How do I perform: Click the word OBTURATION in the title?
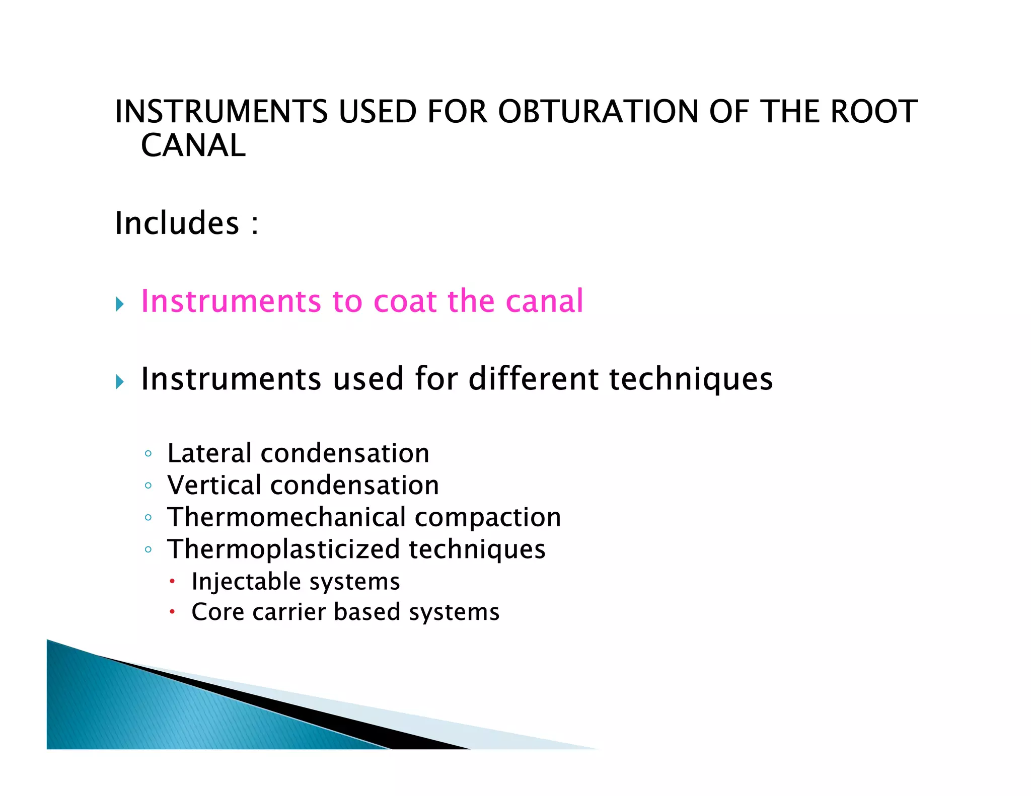click(x=598, y=112)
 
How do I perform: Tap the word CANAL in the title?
click(x=193, y=146)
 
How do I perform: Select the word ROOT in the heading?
click(x=874, y=112)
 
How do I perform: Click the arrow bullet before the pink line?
click(x=120, y=304)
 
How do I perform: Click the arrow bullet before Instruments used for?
click(x=120, y=382)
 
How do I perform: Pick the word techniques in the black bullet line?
click(x=691, y=380)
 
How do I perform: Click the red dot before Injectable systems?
click(x=172, y=582)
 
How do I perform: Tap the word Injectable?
click(x=245, y=582)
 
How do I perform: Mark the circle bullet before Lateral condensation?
click(x=148, y=454)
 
